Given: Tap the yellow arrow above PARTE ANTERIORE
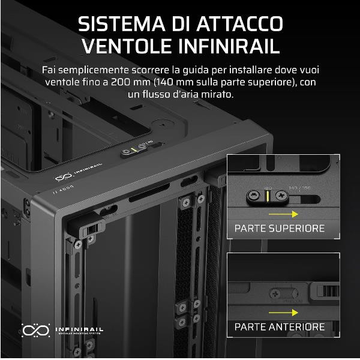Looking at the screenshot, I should coord(281,312).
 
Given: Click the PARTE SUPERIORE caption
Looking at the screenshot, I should coord(279,229).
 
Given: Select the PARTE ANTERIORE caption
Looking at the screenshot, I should coord(279,328).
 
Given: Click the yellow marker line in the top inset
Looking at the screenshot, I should coord(266,195).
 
